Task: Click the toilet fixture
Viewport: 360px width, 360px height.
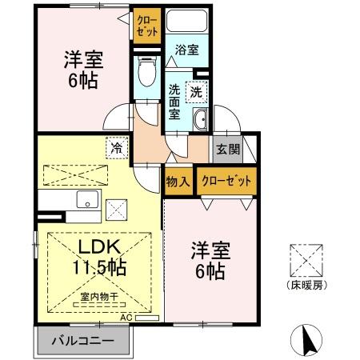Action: click(x=147, y=71)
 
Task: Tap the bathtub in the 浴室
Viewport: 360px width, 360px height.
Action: click(x=186, y=21)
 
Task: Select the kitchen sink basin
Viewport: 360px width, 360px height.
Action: click(x=87, y=199)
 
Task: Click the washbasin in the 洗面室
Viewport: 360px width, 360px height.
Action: click(x=200, y=119)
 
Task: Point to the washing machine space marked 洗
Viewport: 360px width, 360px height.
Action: click(x=197, y=92)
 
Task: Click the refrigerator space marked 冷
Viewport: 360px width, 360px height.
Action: click(x=117, y=148)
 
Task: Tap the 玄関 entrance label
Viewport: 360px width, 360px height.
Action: click(x=228, y=149)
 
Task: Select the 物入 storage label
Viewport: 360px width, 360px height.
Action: click(x=178, y=182)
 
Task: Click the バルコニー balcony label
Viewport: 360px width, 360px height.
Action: click(x=83, y=341)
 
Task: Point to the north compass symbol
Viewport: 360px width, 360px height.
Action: click(x=306, y=340)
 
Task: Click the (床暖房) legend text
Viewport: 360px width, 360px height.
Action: click(x=306, y=286)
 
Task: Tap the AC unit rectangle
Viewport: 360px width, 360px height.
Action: click(x=147, y=318)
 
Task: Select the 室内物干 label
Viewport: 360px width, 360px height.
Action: click(x=99, y=297)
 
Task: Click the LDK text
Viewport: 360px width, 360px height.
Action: click(x=99, y=246)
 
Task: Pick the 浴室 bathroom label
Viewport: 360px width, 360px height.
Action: click(x=187, y=50)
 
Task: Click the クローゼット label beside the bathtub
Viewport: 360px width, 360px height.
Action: click(x=147, y=26)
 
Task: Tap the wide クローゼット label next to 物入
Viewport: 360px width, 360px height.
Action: click(x=226, y=181)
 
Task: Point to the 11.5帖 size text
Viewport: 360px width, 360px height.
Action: click(x=99, y=267)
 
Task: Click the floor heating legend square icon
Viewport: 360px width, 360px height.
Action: click(x=306, y=261)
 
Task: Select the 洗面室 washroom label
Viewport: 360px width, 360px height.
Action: click(x=174, y=102)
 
